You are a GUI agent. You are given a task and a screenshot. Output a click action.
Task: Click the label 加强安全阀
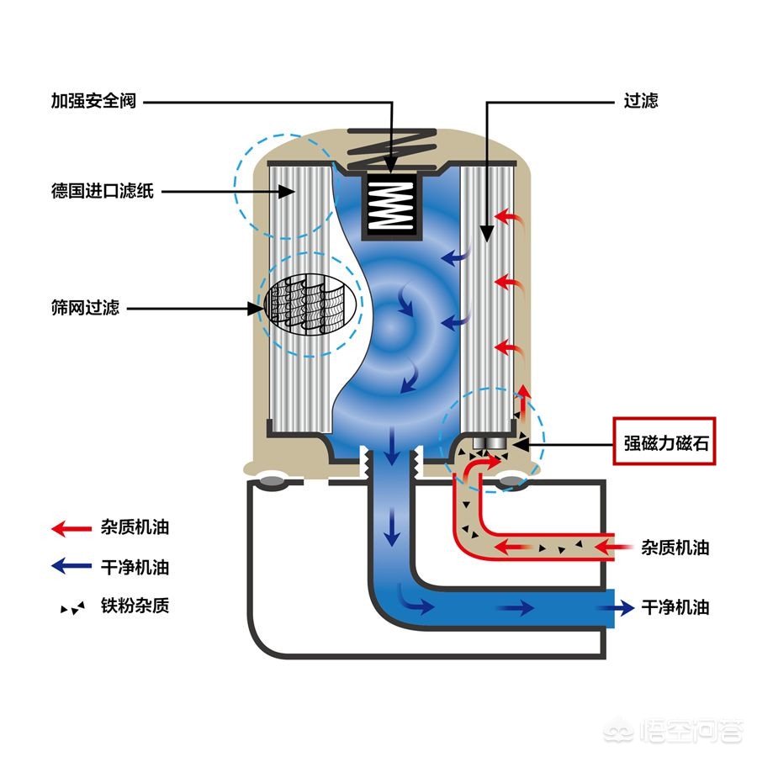pos(93,102)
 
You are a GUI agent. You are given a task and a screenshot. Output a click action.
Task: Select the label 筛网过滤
pos(85,308)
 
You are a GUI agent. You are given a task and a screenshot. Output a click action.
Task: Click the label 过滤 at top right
pos(641,102)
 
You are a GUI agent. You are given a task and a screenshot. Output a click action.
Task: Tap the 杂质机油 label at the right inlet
pos(675,548)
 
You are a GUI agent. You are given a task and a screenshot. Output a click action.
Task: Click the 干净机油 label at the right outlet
pos(675,606)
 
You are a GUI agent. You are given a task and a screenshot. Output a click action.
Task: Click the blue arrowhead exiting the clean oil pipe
pos(624,606)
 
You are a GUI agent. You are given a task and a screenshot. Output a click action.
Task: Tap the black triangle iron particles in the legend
pos(72,607)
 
